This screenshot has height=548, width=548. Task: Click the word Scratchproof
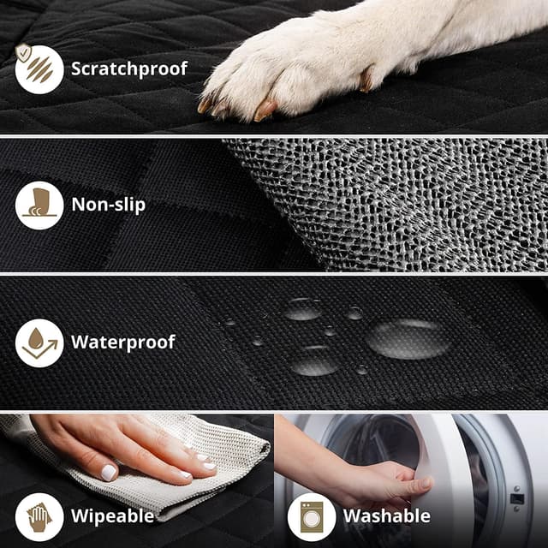128,68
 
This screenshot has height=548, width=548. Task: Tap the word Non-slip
108,205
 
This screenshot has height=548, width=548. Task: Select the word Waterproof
122,342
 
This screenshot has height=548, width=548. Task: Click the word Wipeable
111,515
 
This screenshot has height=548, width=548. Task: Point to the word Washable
386,515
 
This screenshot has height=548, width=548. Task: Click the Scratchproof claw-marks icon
39,68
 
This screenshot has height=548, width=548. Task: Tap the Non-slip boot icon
39,205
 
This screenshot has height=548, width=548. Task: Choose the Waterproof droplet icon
39,342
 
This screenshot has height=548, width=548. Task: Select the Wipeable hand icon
39,515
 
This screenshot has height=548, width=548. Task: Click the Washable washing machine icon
312,515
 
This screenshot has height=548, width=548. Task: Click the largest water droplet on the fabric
409,337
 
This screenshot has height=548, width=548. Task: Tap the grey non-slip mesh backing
402,201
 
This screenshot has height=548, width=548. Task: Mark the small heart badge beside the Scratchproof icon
22,52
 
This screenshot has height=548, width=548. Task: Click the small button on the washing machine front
517,498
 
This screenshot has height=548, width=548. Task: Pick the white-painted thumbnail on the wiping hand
109,472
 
